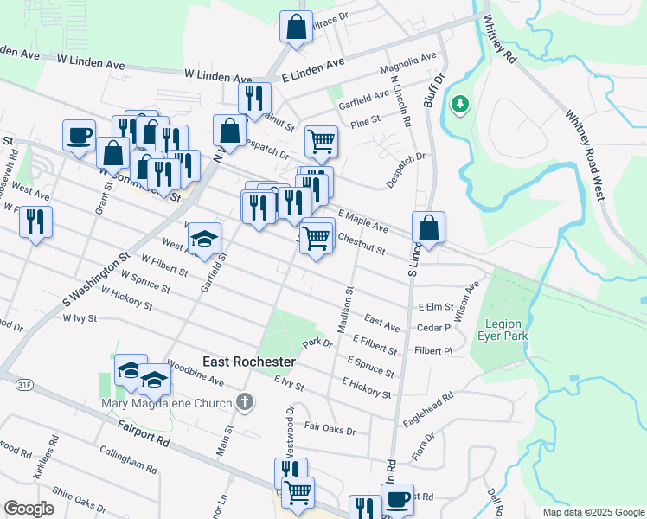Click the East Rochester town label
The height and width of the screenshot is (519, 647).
point(249,361)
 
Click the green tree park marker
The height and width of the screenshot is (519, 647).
point(460,105)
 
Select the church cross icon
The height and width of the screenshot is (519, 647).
point(246,401)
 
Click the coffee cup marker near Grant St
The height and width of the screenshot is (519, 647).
point(79,136)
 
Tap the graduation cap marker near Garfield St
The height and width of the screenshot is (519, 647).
point(204,240)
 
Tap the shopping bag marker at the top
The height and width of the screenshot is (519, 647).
point(296,26)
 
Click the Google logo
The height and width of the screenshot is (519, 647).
point(29,508)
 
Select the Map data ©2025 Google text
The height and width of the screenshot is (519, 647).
point(593,512)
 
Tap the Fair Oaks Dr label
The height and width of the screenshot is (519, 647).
point(336,428)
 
